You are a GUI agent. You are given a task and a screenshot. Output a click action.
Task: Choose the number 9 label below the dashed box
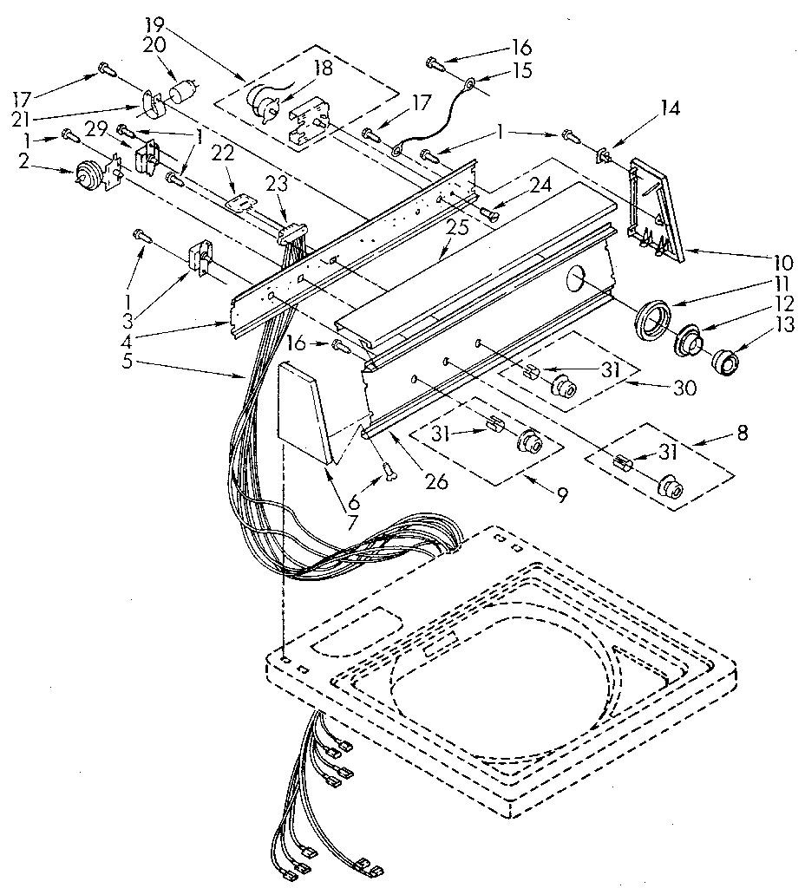[x=562, y=495]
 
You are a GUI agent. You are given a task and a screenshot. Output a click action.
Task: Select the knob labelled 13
[x=722, y=362]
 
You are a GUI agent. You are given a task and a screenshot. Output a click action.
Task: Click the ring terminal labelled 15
[x=468, y=85]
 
